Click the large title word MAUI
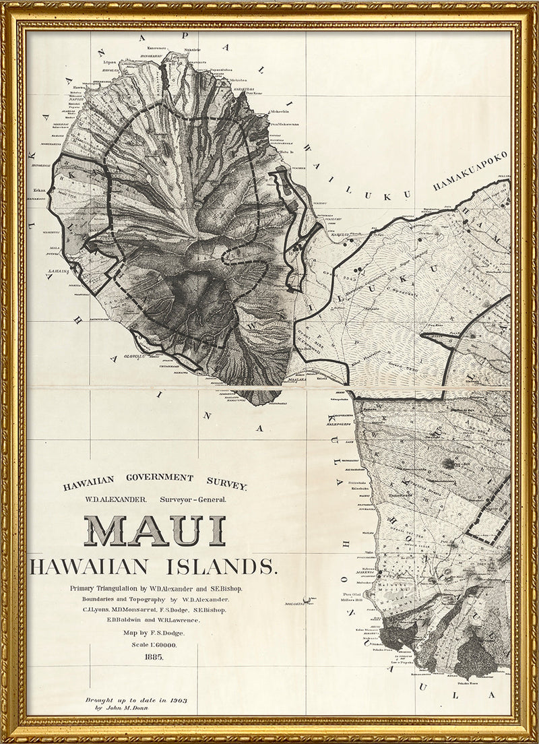[x=154, y=530]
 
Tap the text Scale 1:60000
[x=154, y=646]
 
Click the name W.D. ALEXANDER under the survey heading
[x=108, y=499]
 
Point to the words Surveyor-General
[x=194, y=499]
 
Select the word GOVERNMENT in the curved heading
[x=153, y=477]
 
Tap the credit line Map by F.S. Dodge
[x=154, y=633]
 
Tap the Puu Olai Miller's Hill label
[x=354, y=597]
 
